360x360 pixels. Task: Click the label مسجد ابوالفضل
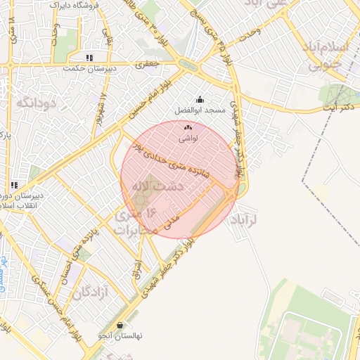[200, 111]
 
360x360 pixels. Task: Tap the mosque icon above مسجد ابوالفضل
[200, 100]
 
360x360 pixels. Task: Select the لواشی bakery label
[189, 139]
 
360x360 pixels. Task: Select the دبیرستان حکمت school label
[87, 68]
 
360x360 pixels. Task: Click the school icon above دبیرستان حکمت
[89, 58]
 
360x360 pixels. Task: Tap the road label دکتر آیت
[339, 107]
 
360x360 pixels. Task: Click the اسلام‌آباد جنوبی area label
[324, 56]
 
